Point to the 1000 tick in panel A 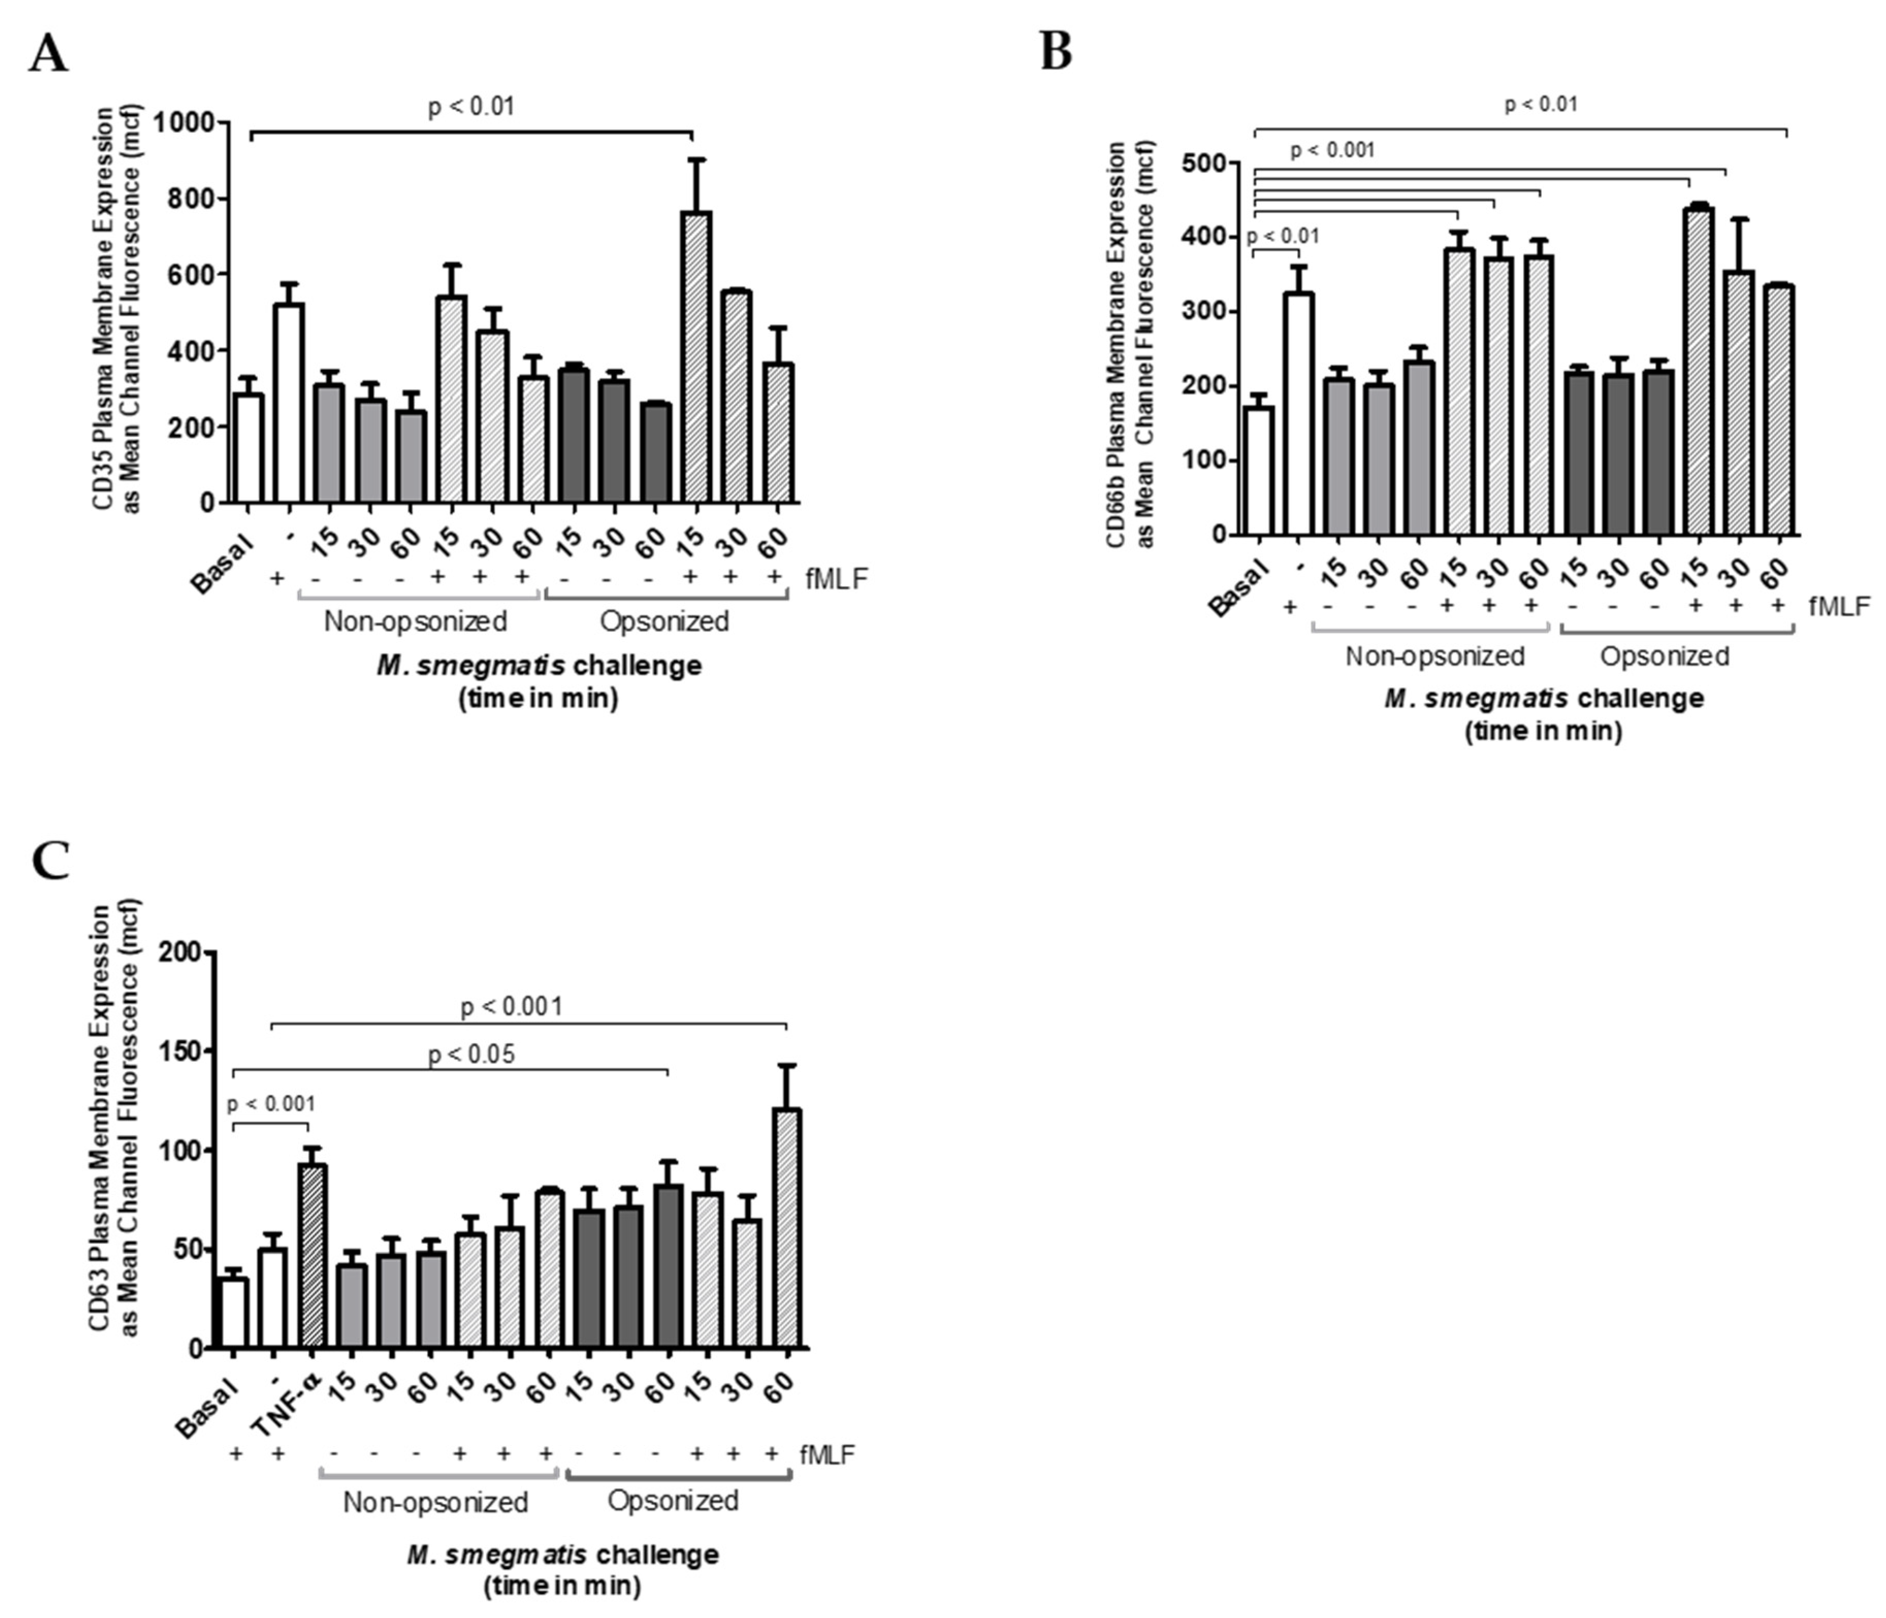(x=187, y=122)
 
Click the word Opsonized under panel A (x=664, y=622)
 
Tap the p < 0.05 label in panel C (x=471, y=1054)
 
